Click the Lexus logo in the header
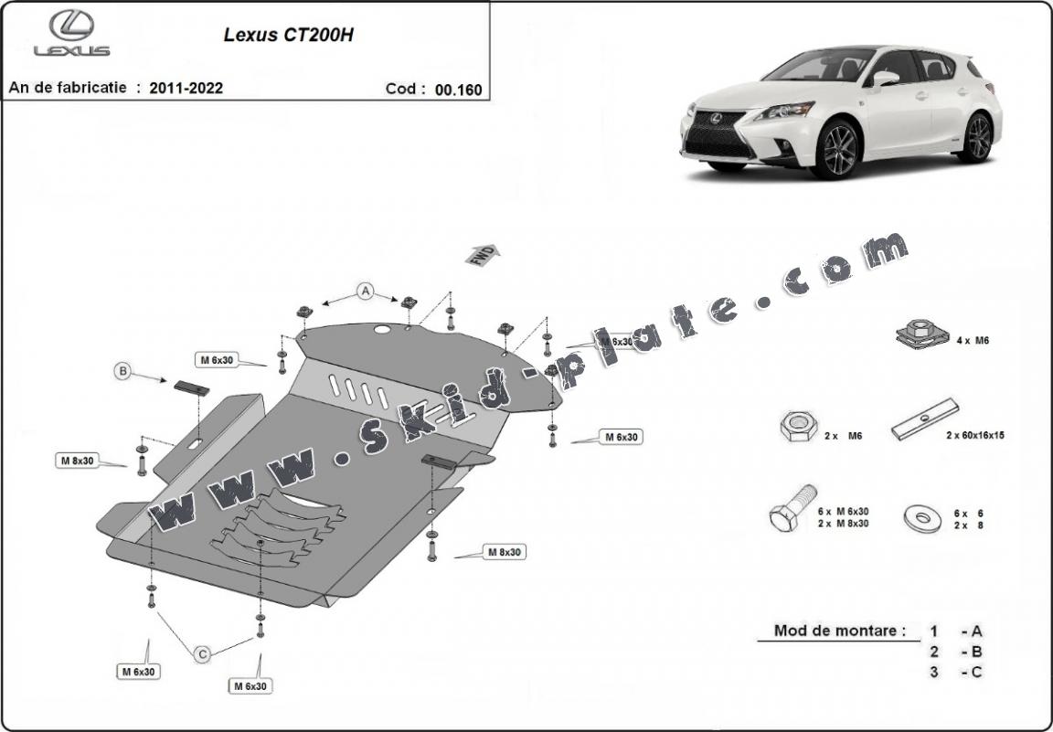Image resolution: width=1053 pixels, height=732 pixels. pos(71,34)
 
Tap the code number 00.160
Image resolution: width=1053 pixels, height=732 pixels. pos(458,90)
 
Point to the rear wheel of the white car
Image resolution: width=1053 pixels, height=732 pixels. pos(978,137)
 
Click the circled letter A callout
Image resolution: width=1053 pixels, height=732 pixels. pos(366,292)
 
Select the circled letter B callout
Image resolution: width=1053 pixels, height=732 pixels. pos(122,371)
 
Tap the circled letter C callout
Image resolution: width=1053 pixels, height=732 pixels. pos(203,652)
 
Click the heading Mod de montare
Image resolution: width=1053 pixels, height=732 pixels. pos(840,631)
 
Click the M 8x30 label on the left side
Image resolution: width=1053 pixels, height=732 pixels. pos(78,461)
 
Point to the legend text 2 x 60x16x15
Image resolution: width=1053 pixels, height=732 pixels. pos(975,436)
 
